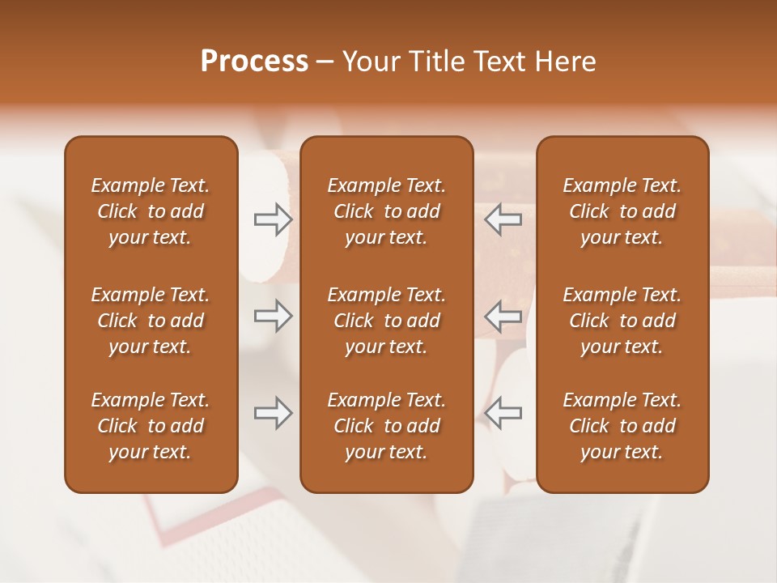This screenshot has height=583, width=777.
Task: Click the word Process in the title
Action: pos(254,62)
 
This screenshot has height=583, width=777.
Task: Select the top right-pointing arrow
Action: pos(273,219)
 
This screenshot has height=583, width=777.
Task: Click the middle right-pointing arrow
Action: pos(273,316)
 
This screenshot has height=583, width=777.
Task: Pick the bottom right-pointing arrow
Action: pos(273,413)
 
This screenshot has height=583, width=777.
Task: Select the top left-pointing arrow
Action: pos(503,219)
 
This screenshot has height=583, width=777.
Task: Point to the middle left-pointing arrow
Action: pos(503,316)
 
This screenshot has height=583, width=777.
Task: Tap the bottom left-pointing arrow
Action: pos(503,413)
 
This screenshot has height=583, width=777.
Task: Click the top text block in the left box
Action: pos(151,211)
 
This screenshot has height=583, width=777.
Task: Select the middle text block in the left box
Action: pos(151,321)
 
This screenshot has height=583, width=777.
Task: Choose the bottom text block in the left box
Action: pos(151,426)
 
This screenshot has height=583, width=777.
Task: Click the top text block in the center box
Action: pos(387,211)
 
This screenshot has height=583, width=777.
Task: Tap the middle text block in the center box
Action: pos(387,321)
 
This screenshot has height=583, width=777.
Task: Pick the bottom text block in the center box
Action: pos(387,426)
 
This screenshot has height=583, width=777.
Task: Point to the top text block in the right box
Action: pos(622,211)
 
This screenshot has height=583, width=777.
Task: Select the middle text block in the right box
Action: pos(622,321)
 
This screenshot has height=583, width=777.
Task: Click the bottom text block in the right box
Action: pos(622,426)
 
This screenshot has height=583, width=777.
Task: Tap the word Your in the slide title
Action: pos(368,62)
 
